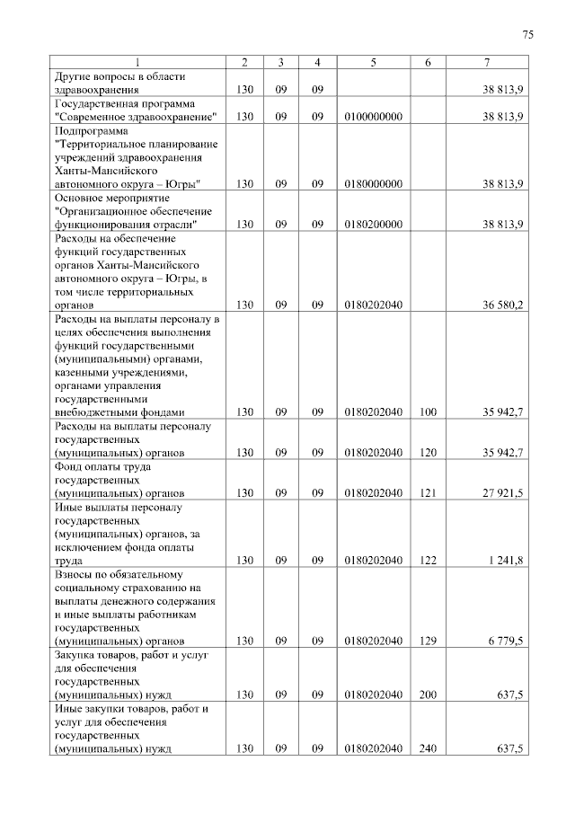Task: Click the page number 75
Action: click(528, 35)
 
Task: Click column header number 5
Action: click(373, 62)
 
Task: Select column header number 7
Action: click(486, 62)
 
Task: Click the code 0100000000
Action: click(373, 118)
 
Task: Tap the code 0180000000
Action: click(373, 184)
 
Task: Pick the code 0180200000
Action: click(373, 225)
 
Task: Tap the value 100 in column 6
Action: click(428, 412)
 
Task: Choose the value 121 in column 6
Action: click(428, 493)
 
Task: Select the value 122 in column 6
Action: click(428, 562)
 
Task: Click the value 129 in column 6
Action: click(428, 641)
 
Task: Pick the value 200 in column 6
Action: click(428, 695)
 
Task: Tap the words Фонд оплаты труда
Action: click(102, 467)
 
